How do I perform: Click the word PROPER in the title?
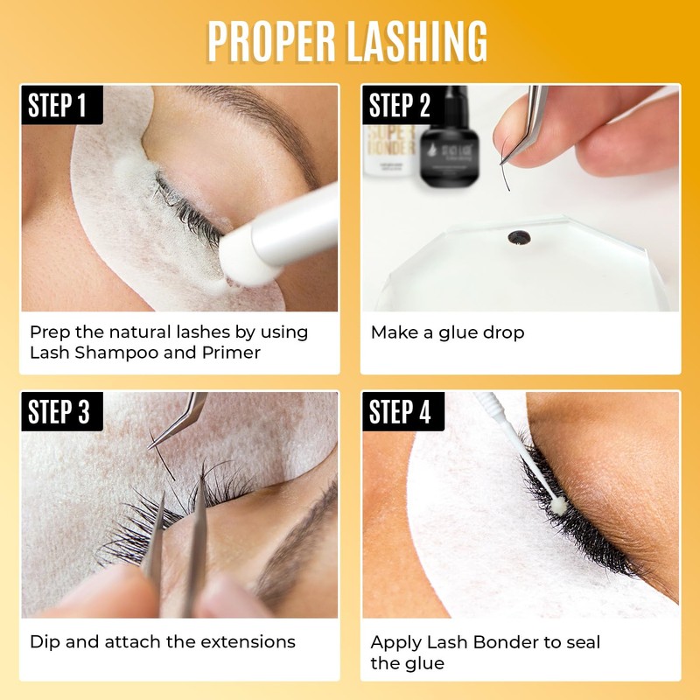(262, 41)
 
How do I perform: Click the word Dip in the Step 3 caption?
(44, 641)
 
